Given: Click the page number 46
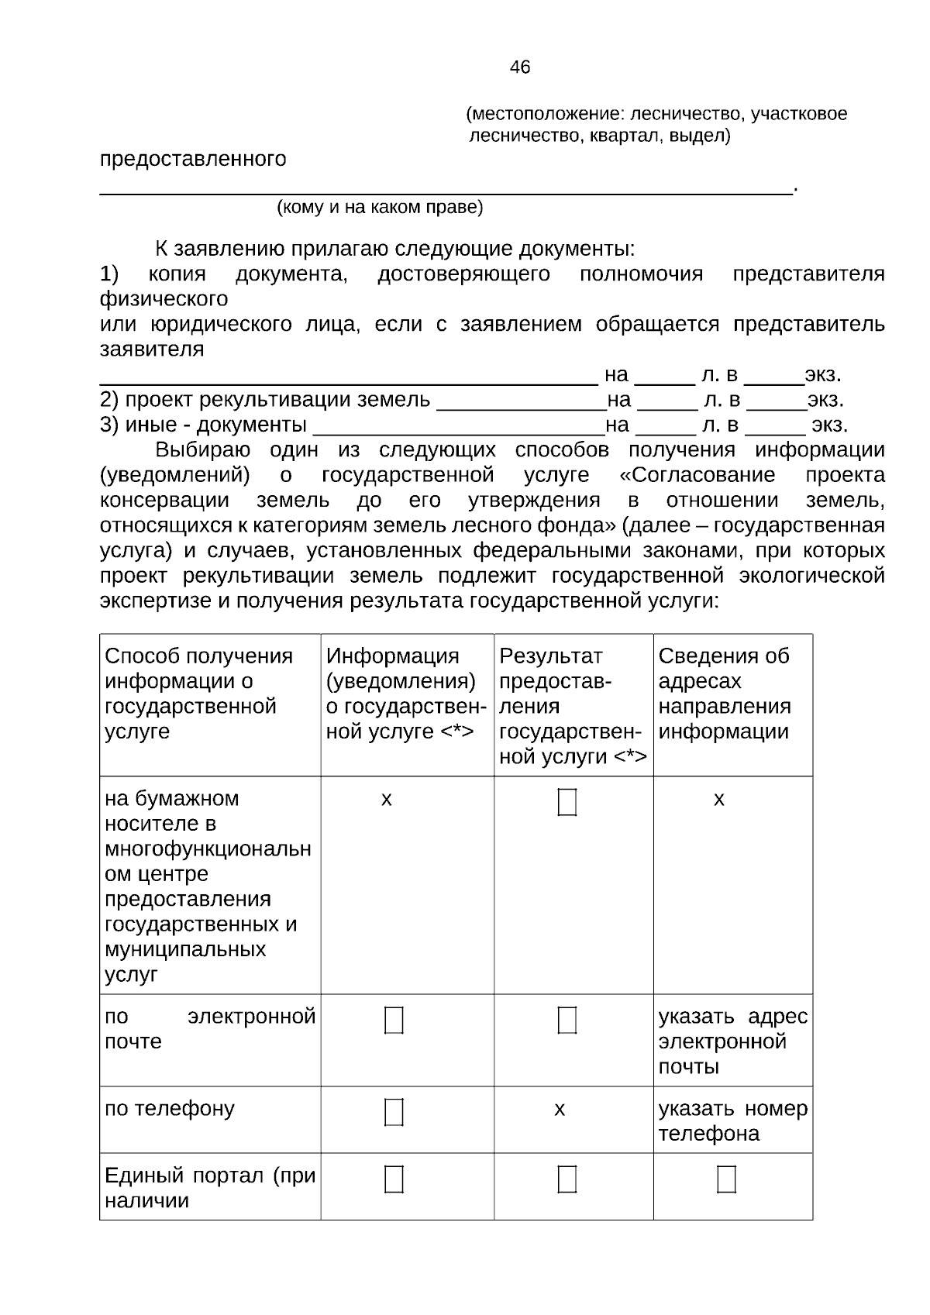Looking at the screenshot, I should click(x=520, y=67).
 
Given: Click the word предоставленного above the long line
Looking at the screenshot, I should click(x=193, y=160).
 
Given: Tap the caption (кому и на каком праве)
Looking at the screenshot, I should click(x=380, y=208).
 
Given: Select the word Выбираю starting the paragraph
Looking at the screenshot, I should click(x=202, y=450).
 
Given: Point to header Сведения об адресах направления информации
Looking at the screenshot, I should click(x=725, y=693).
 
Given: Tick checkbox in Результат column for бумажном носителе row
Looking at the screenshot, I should click(x=567, y=802).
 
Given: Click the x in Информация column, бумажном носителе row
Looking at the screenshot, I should click(x=386, y=799).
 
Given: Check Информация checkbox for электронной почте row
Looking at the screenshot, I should click(x=394, y=1020).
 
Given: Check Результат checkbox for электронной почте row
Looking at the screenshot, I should click(x=567, y=1020).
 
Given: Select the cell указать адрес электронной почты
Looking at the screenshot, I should click(x=732, y=1041).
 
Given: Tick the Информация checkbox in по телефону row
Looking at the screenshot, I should click(x=394, y=1112).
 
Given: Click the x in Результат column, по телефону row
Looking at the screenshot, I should click(x=560, y=1110).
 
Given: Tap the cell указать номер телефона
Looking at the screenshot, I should click(x=732, y=1121).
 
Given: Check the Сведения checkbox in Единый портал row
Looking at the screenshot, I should click(x=726, y=1179).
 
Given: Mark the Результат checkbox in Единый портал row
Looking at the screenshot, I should click(x=567, y=1179).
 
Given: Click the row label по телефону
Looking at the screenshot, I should click(x=170, y=1109).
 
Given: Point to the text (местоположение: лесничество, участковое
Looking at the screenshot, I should click(x=656, y=115).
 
